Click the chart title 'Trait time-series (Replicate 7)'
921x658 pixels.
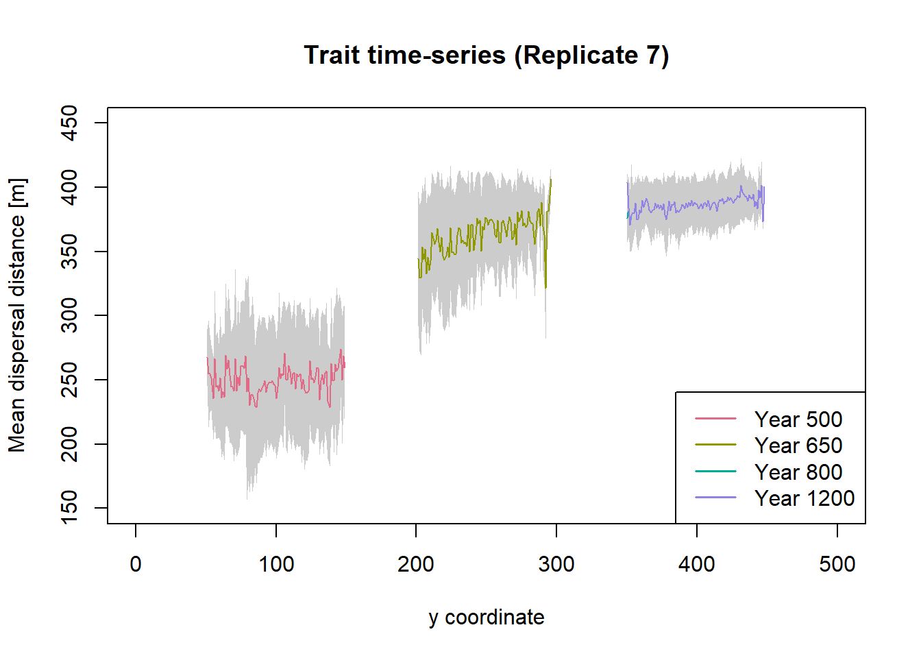[x=486, y=56]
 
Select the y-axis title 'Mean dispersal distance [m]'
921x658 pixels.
[x=17, y=315]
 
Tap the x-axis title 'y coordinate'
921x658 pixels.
[x=486, y=618]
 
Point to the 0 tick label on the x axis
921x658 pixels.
[x=136, y=565]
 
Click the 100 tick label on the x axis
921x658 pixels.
[x=276, y=565]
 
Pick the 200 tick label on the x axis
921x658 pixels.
[x=416, y=565]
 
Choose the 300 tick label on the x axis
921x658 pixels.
[x=556, y=565]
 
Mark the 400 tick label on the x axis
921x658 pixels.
[x=697, y=565]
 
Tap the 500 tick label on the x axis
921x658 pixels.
[x=837, y=565]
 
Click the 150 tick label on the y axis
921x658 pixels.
[x=69, y=507]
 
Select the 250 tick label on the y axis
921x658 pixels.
[x=69, y=380]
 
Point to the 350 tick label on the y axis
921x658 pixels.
[x=69, y=252]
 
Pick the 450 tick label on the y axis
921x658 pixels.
[x=69, y=123]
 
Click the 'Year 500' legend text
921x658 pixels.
[x=798, y=419]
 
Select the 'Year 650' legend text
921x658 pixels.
[x=798, y=446]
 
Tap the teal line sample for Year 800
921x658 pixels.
[x=715, y=472]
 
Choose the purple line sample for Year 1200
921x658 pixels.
[x=715, y=498]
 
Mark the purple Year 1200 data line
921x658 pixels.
[x=692, y=204]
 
